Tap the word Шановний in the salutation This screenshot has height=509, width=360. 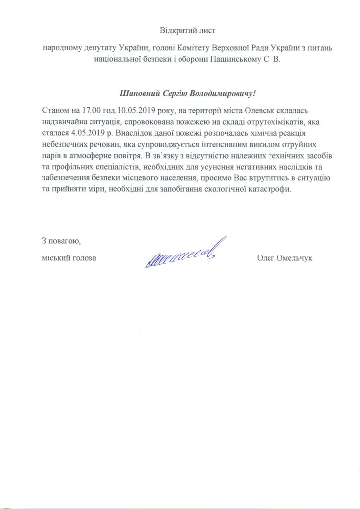coord(138,93)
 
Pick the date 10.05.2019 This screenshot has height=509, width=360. coord(121,109)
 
